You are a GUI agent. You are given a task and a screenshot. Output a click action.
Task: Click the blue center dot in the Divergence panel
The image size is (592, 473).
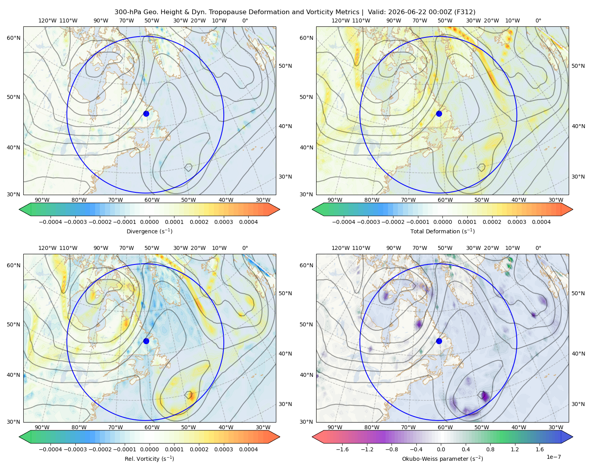point(146,114)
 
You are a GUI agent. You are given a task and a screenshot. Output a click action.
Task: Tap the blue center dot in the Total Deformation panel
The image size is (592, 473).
point(439,114)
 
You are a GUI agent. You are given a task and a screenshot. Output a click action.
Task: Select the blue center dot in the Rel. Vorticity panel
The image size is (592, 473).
point(146,341)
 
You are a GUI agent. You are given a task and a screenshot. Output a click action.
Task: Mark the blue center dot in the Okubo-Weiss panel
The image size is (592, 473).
point(439,341)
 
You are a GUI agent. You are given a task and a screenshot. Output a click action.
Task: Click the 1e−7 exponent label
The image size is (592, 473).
point(553,457)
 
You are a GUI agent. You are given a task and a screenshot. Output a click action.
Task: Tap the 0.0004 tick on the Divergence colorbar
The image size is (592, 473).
point(248,222)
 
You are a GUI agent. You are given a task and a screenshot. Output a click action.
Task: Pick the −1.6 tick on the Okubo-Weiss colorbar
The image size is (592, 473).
point(342,449)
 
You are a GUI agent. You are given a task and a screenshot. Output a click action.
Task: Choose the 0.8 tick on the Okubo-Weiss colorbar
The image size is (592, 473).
point(490,449)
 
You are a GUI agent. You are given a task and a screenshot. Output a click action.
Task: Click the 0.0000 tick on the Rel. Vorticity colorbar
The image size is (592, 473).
point(149,449)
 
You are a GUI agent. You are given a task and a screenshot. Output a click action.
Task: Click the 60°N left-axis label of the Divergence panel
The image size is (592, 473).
point(13,38)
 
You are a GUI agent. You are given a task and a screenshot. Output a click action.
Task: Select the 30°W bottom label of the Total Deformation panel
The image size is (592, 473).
point(556,200)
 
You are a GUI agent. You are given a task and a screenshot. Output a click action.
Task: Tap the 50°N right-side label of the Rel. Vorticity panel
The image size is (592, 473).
point(285,293)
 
